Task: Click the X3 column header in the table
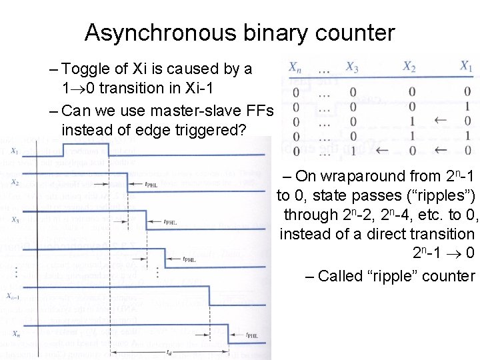tap(352, 67)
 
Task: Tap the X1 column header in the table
tap(466, 67)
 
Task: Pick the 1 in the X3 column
tap(352, 151)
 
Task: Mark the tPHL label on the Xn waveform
tap(253, 335)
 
